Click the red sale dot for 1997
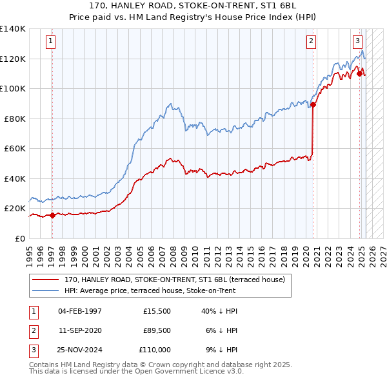52,216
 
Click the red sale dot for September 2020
313,104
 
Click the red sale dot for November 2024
359,73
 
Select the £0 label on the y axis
20,238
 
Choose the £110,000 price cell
154,350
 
